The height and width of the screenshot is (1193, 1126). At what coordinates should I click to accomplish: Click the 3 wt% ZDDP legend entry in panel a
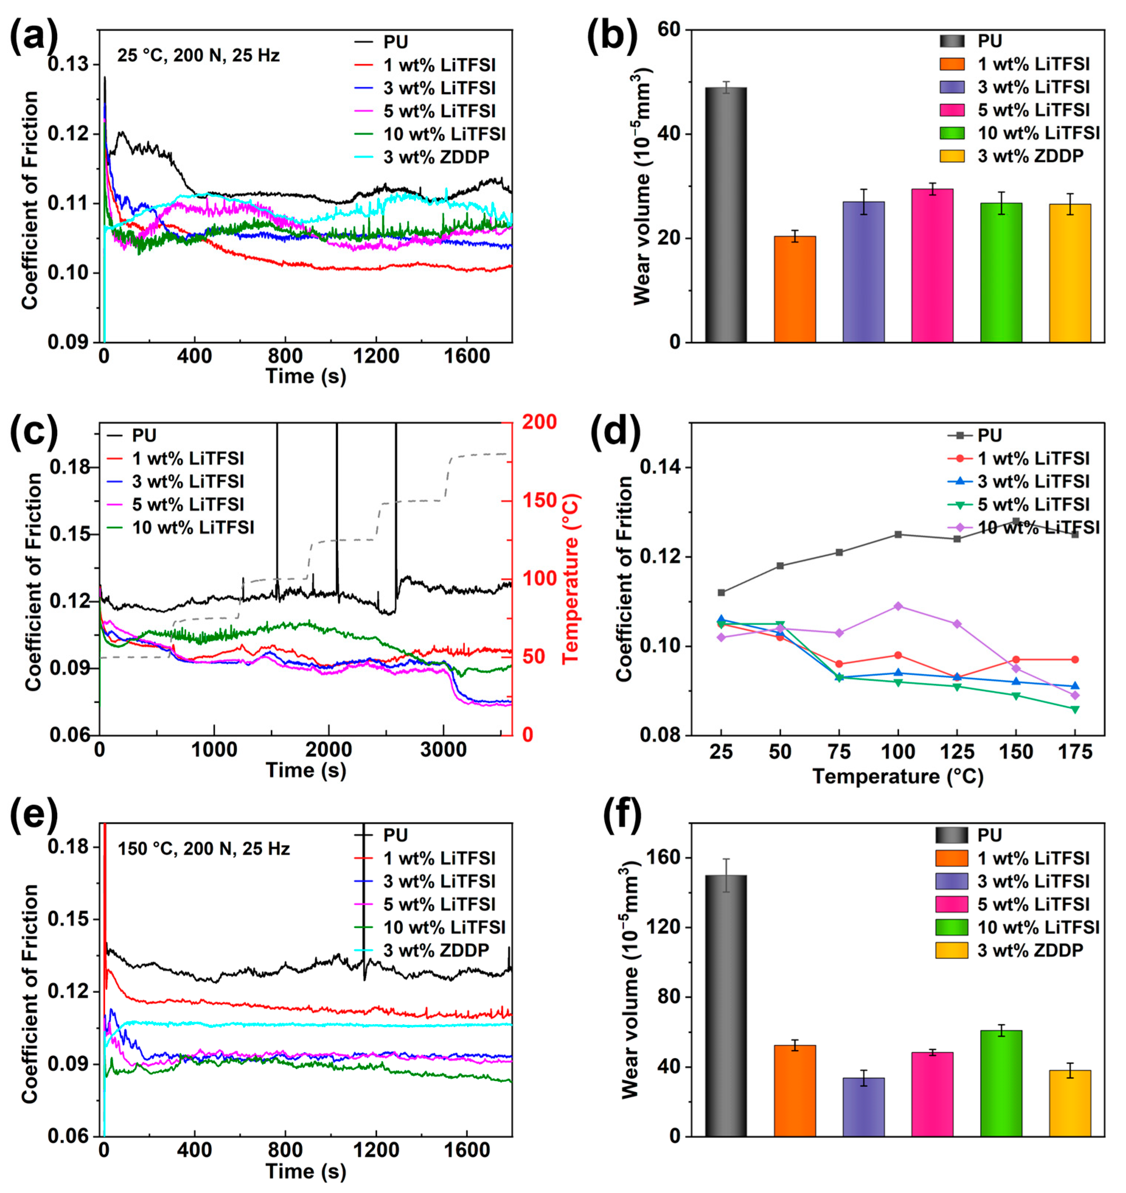(x=436, y=157)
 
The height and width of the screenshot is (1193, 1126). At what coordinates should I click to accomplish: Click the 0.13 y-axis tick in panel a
(x=67, y=64)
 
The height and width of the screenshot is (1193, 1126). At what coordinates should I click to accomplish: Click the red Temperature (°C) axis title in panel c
(x=571, y=579)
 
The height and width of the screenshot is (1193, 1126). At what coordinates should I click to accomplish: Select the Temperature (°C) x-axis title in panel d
(x=897, y=777)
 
